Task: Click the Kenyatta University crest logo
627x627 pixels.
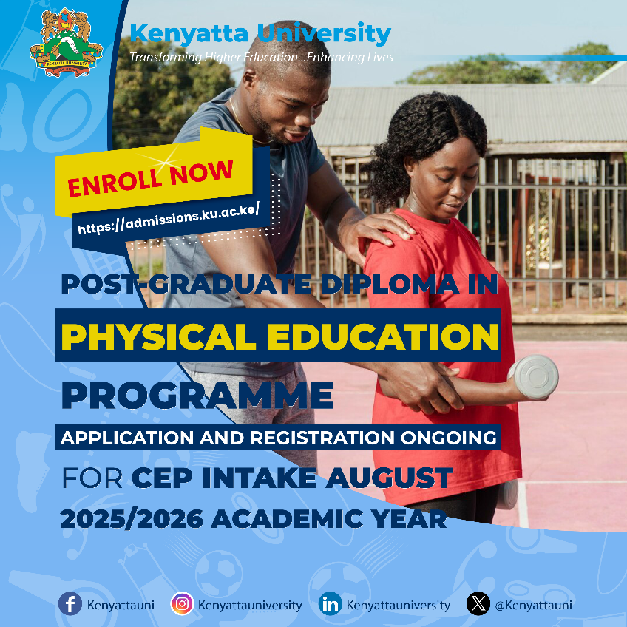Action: (66, 43)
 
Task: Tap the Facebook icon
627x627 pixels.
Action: (70, 603)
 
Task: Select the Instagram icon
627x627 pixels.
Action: (182, 603)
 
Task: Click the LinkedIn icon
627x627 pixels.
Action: (331, 603)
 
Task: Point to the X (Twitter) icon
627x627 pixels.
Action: (478, 603)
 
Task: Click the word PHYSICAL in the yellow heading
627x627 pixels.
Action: (158, 336)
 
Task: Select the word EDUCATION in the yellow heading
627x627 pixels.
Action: (383, 336)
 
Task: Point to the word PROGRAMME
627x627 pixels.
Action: (197, 395)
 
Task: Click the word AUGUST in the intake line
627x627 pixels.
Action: (389, 478)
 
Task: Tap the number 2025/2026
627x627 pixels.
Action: (132, 519)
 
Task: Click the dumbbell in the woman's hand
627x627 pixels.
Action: (533, 376)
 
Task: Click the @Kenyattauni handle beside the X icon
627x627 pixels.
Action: (533, 605)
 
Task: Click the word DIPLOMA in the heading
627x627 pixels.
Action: (390, 285)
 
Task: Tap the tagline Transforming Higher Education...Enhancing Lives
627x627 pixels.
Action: (262, 57)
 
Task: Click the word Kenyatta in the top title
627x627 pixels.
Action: (189, 34)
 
